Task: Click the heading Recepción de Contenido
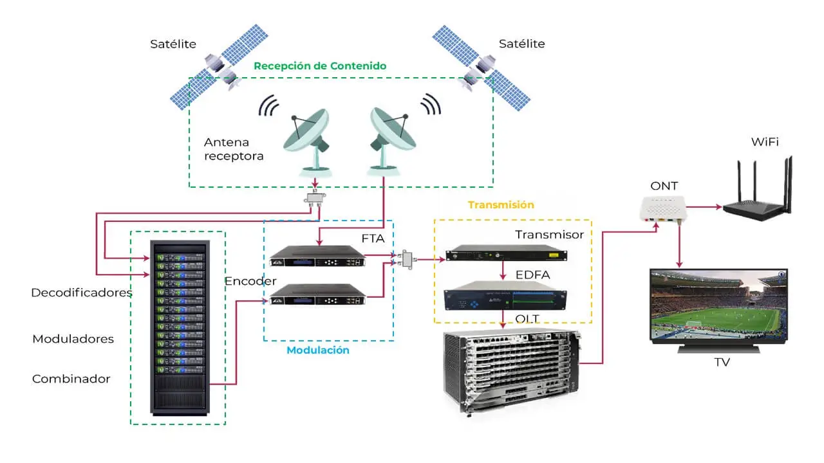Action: click(x=320, y=66)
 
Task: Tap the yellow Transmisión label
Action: click(x=501, y=205)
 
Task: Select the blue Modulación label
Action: click(x=318, y=350)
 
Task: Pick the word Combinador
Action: click(x=71, y=379)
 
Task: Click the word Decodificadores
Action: click(x=82, y=293)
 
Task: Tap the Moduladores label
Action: click(x=73, y=338)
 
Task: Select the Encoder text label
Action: click(x=250, y=281)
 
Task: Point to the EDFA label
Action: click(x=533, y=275)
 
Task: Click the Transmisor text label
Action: click(x=549, y=235)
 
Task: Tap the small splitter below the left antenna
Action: click(x=315, y=197)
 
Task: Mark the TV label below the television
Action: click(x=722, y=363)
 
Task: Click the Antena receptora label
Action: click(x=234, y=149)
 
